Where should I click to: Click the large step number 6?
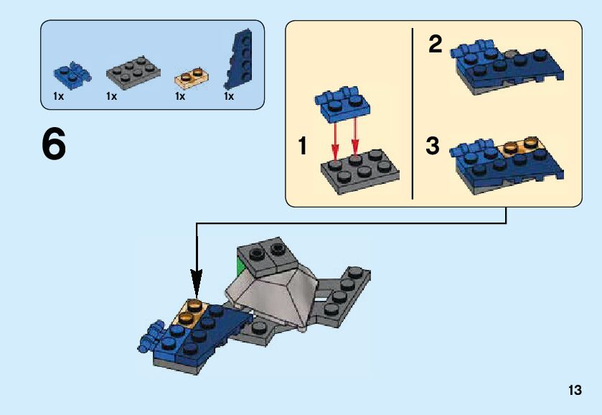click(54, 144)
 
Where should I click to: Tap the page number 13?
click(575, 390)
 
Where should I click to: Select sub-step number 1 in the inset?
click(303, 146)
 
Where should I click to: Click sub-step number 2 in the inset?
click(436, 45)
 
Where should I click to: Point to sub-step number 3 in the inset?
click(432, 146)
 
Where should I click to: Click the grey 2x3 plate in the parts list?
click(133, 73)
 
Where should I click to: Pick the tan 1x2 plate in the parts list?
click(192, 78)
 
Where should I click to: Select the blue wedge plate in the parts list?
click(238, 59)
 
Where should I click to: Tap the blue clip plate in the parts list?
click(72, 75)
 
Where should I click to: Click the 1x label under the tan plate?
click(180, 96)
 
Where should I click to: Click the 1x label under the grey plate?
click(112, 96)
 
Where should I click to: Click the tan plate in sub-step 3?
click(523, 146)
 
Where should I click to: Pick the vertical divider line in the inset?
click(413, 113)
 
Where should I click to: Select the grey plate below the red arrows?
click(360, 172)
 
